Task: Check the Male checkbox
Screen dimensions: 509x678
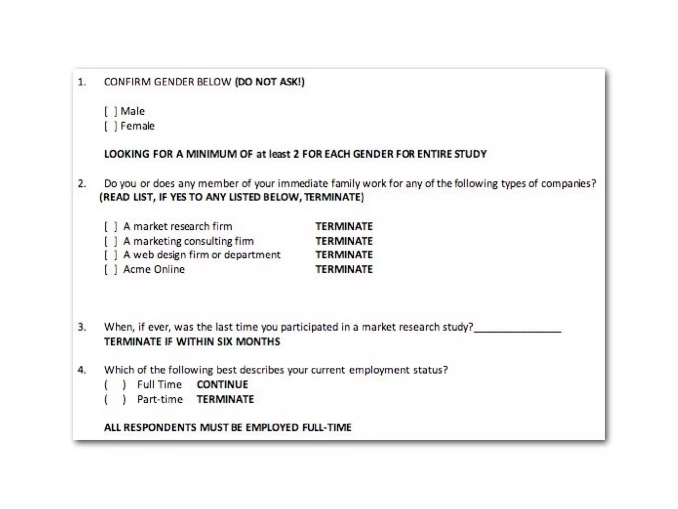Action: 111,111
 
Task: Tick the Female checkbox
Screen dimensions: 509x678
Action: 111,126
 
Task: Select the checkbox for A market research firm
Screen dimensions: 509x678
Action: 111,227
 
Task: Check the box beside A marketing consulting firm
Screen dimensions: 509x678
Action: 111,241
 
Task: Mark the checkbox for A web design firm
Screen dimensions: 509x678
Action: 111,255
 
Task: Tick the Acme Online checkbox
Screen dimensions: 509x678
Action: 111,269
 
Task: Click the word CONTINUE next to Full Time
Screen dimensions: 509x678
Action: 222,385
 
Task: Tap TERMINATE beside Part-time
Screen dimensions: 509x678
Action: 225,399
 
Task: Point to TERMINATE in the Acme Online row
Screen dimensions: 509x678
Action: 344,269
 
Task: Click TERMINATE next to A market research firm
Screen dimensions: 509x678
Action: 344,227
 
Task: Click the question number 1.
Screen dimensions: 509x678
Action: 82,82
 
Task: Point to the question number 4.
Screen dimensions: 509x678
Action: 82,370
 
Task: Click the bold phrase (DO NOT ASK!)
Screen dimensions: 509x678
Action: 269,82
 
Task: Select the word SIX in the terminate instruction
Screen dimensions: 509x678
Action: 224,342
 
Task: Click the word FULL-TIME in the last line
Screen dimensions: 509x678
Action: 326,427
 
